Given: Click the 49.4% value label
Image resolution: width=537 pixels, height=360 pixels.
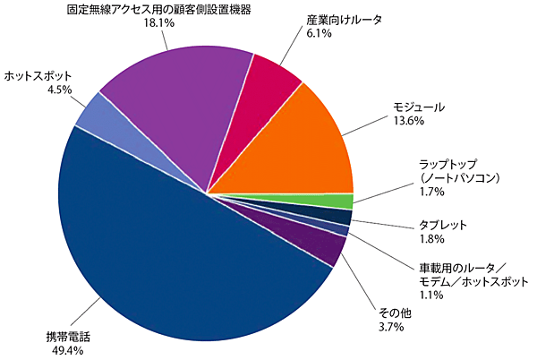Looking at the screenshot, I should point(64,350).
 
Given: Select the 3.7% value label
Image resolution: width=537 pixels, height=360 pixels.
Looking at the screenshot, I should point(391,328).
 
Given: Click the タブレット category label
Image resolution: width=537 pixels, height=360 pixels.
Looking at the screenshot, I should point(443,225).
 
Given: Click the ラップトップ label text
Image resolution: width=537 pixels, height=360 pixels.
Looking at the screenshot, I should point(452,164).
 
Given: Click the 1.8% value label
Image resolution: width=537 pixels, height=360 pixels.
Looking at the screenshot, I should point(432,239).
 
